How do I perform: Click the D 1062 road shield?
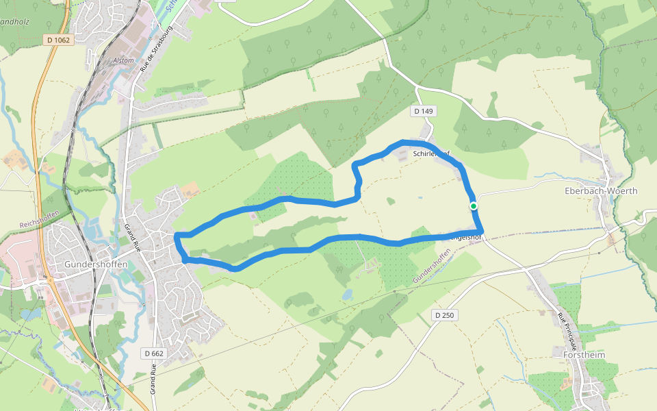[59, 40]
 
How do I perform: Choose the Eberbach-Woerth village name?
[601, 191]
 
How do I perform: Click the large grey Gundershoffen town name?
[92, 263]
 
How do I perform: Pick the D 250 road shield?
[444, 315]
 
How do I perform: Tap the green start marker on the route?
[473, 206]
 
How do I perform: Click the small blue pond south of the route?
[348, 295]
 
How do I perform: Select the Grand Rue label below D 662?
[153, 380]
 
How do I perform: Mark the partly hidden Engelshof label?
[469, 238]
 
